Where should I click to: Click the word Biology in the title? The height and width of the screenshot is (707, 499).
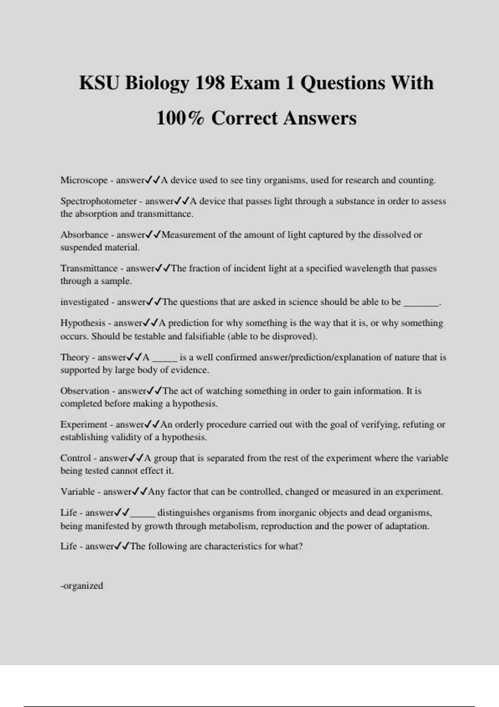click(156, 83)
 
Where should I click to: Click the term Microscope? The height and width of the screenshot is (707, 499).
click(84, 180)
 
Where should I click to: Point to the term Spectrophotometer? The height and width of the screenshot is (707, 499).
click(99, 201)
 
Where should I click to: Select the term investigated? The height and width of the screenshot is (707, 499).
click(84, 302)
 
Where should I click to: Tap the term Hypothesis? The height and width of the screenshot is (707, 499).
click(83, 323)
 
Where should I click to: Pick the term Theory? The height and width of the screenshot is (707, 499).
click(75, 357)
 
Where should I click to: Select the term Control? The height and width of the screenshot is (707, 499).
click(76, 458)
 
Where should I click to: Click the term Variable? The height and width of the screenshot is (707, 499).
click(78, 492)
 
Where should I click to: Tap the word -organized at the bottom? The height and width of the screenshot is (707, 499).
click(82, 586)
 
